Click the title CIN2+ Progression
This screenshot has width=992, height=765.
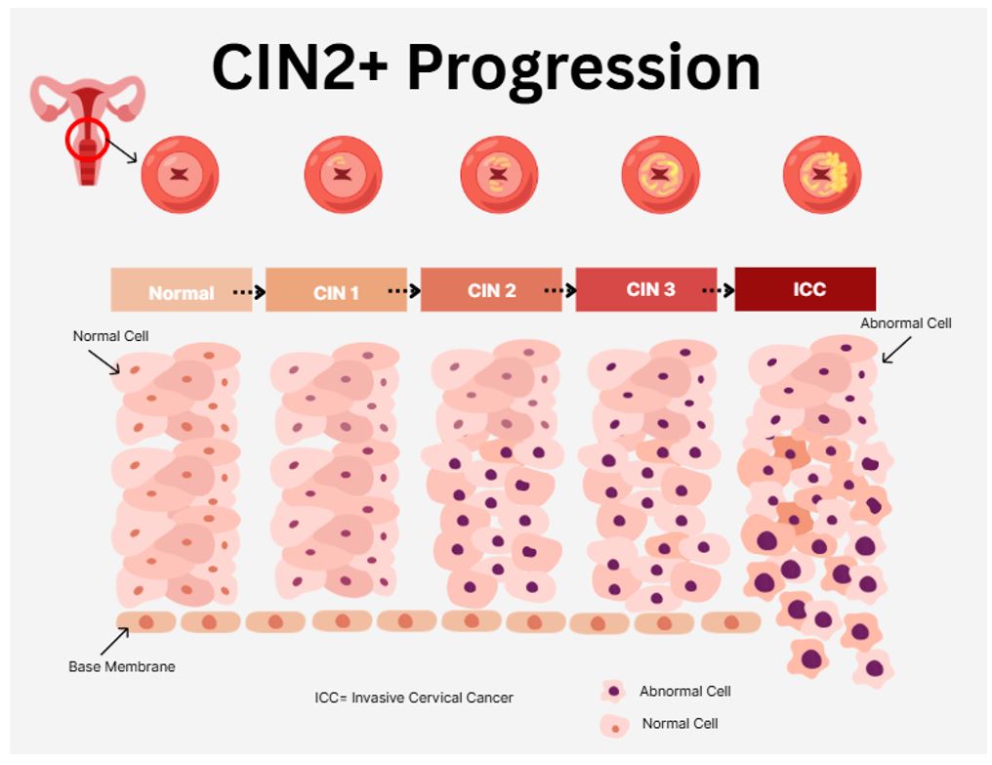tap(485, 68)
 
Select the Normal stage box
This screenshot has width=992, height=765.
tap(182, 290)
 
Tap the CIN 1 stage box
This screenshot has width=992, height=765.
tap(336, 290)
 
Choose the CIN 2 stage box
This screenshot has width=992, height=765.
tap(491, 290)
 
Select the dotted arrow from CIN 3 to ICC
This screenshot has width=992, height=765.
tap(718, 290)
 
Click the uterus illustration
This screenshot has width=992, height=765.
tap(88, 127)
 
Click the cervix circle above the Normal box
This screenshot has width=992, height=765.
tap(180, 175)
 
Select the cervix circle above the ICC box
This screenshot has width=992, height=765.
tap(822, 175)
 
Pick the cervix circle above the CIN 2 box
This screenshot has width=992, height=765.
tap(499, 175)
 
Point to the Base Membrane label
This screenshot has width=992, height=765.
tap(121, 667)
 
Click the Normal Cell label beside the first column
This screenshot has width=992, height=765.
tap(110, 336)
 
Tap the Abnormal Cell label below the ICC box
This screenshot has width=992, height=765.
tap(905, 323)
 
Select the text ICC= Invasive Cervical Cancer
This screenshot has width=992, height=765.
tap(413, 698)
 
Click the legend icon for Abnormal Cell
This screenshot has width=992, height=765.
tap(613, 692)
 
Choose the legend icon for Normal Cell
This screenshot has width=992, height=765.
tap(613, 726)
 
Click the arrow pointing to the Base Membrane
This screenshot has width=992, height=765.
tap(113, 641)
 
